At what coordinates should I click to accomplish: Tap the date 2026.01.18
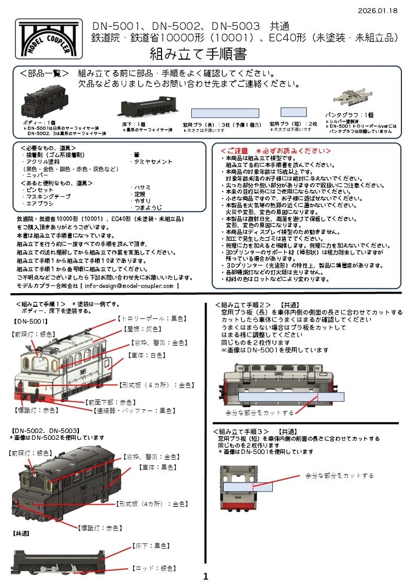(x=377, y=10)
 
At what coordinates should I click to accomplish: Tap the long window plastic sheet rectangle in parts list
(x=225, y=113)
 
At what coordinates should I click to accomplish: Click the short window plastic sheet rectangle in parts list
(x=293, y=112)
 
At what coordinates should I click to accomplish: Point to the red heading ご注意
(x=276, y=151)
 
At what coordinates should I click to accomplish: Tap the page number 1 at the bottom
(x=205, y=576)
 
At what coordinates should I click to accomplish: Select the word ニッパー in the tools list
(x=34, y=176)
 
